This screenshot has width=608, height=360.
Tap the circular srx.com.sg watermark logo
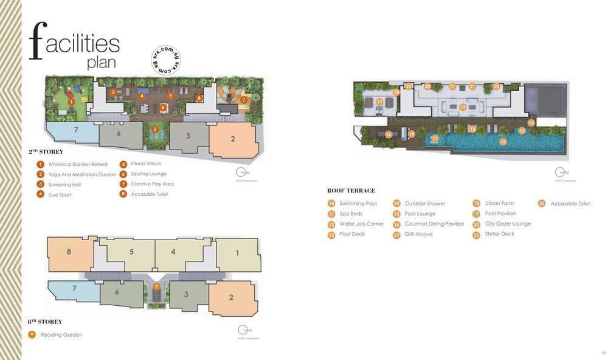point(165,60)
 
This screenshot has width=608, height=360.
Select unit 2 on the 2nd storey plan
point(232,139)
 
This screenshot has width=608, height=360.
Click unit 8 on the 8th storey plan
point(69,252)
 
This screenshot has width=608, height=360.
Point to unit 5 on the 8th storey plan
point(131,252)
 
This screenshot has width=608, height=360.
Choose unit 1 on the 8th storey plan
point(237,252)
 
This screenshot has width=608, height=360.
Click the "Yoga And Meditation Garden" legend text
point(81,175)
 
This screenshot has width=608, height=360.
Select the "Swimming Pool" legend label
point(358,204)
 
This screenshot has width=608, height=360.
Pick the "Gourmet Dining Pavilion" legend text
point(434,224)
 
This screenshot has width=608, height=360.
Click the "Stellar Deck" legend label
point(499,234)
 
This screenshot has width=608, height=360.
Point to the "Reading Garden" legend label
point(61,335)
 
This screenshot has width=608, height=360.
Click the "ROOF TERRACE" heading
point(351,190)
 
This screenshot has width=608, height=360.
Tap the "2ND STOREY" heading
point(46,151)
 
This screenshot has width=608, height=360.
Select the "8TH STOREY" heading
point(44,322)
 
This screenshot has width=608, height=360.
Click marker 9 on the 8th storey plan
point(156,287)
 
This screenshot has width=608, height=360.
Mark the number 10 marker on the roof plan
point(503,141)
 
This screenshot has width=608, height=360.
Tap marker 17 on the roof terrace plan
point(379,102)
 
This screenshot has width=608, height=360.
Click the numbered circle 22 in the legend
point(542,204)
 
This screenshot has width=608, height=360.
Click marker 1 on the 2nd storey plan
point(71,102)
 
